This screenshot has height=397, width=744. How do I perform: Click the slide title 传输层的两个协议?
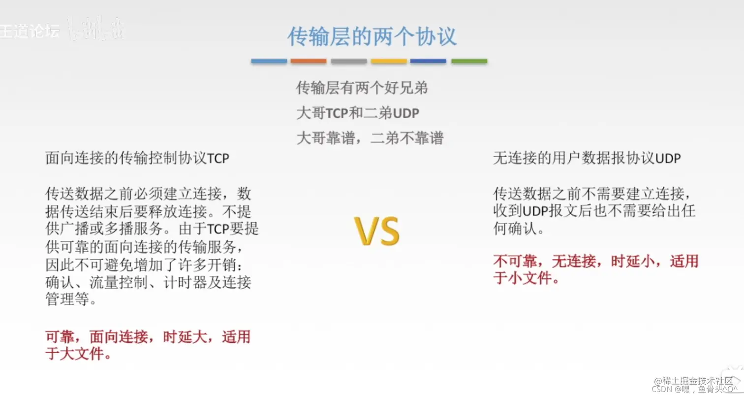coord(372,37)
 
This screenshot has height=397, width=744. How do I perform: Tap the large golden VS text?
coord(377,231)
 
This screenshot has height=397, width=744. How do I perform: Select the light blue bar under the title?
coord(269,61)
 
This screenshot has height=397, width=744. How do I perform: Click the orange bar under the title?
coord(309,61)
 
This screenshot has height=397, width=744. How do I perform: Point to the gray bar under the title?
coord(349,61)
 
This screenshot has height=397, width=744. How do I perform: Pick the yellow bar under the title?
coord(389,61)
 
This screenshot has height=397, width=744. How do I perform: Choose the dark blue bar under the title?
coord(428,61)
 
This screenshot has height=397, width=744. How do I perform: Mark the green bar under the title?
coord(469,61)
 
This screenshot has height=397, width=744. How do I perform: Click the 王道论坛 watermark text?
coord(30,31)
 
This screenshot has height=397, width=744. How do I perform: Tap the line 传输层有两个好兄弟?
coord(362,88)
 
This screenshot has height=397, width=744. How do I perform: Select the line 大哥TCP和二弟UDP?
coord(358,113)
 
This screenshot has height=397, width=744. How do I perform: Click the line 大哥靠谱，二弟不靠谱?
coord(370,138)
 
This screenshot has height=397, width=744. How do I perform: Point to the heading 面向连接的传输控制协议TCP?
coord(137,159)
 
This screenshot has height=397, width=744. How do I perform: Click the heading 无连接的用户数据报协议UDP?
coord(587,159)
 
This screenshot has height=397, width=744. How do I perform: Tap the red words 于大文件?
coord(77,354)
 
